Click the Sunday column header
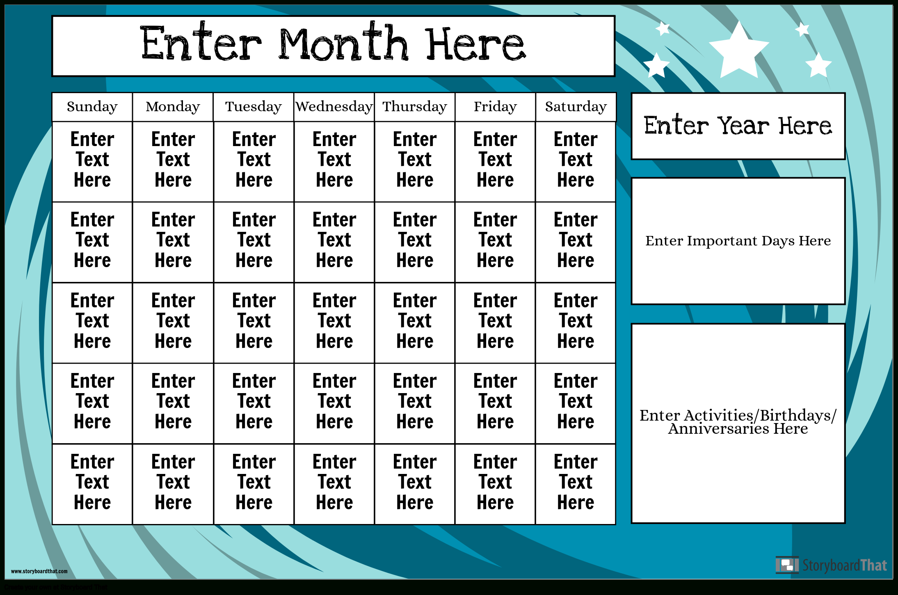[92, 107]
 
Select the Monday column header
[173, 107]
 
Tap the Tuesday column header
[254, 107]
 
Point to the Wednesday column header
[334, 107]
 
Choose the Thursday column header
[415, 107]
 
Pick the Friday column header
[495, 107]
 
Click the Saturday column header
[576, 107]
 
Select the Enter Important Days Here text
[738, 241]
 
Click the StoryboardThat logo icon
[787, 565]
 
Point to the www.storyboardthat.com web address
[39, 571]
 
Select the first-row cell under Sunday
[92, 161]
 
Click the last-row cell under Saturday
[576, 484]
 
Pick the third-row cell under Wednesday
[334, 323]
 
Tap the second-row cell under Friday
[495, 242]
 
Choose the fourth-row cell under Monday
[173, 403]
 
